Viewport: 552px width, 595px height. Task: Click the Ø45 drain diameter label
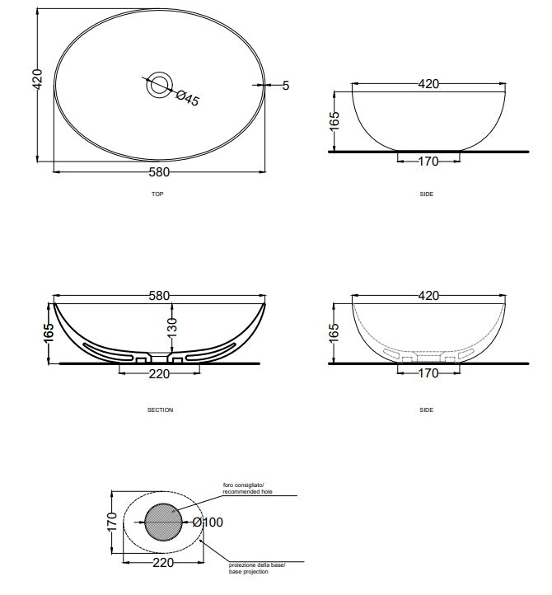pos(187,99)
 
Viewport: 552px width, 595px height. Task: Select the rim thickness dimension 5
pos(286,86)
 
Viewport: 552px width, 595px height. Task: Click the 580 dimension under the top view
pos(159,172)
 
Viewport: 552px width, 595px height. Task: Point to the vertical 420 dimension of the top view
pos(38,79)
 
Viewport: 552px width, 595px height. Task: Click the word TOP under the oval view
pos(157,194)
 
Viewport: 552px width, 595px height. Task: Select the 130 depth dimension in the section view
pos(172,328)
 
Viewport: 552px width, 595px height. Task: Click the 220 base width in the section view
pos(159,374)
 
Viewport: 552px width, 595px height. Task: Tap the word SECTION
pos(160,410)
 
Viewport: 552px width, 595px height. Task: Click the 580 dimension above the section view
pos(159,296)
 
